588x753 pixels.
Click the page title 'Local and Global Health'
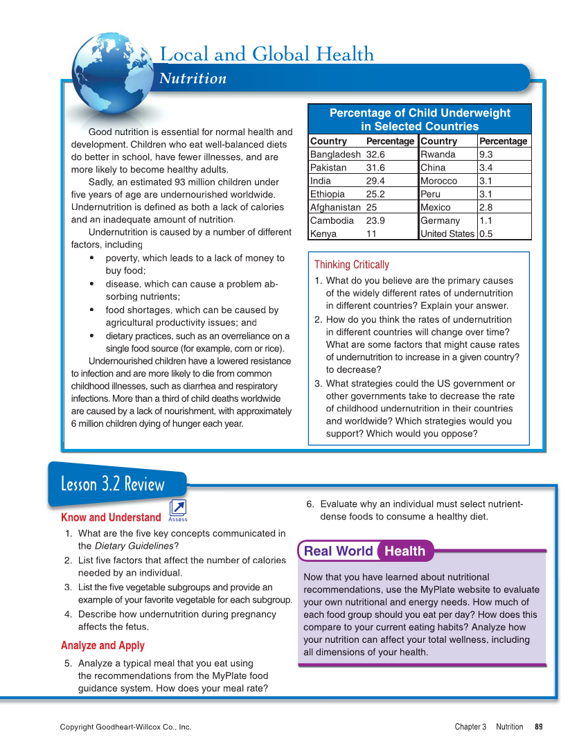[x=267, y=54]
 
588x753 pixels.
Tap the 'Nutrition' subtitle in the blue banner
[x=193, y=78]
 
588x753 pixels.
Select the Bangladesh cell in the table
[x=335, y=154]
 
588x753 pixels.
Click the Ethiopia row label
[x=327, y=194]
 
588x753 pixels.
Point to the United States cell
[x=447, y=233]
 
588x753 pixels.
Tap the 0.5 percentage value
[x=486, y=233]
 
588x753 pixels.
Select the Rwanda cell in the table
[x=438, y=154]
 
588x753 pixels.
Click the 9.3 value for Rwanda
[x=486, y=154]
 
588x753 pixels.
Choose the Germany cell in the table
[x=440, y=220]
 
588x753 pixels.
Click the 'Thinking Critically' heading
[x=352, y=265]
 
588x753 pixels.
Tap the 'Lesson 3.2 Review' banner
[x=113, y=484]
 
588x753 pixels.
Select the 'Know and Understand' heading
[x=111, y=517]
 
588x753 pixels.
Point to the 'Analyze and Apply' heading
[x=103, y=646]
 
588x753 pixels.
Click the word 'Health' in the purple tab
[x=405, y=551]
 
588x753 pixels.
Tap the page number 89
[x=538, y=727]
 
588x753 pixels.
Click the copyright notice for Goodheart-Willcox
[x=125, y=727]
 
